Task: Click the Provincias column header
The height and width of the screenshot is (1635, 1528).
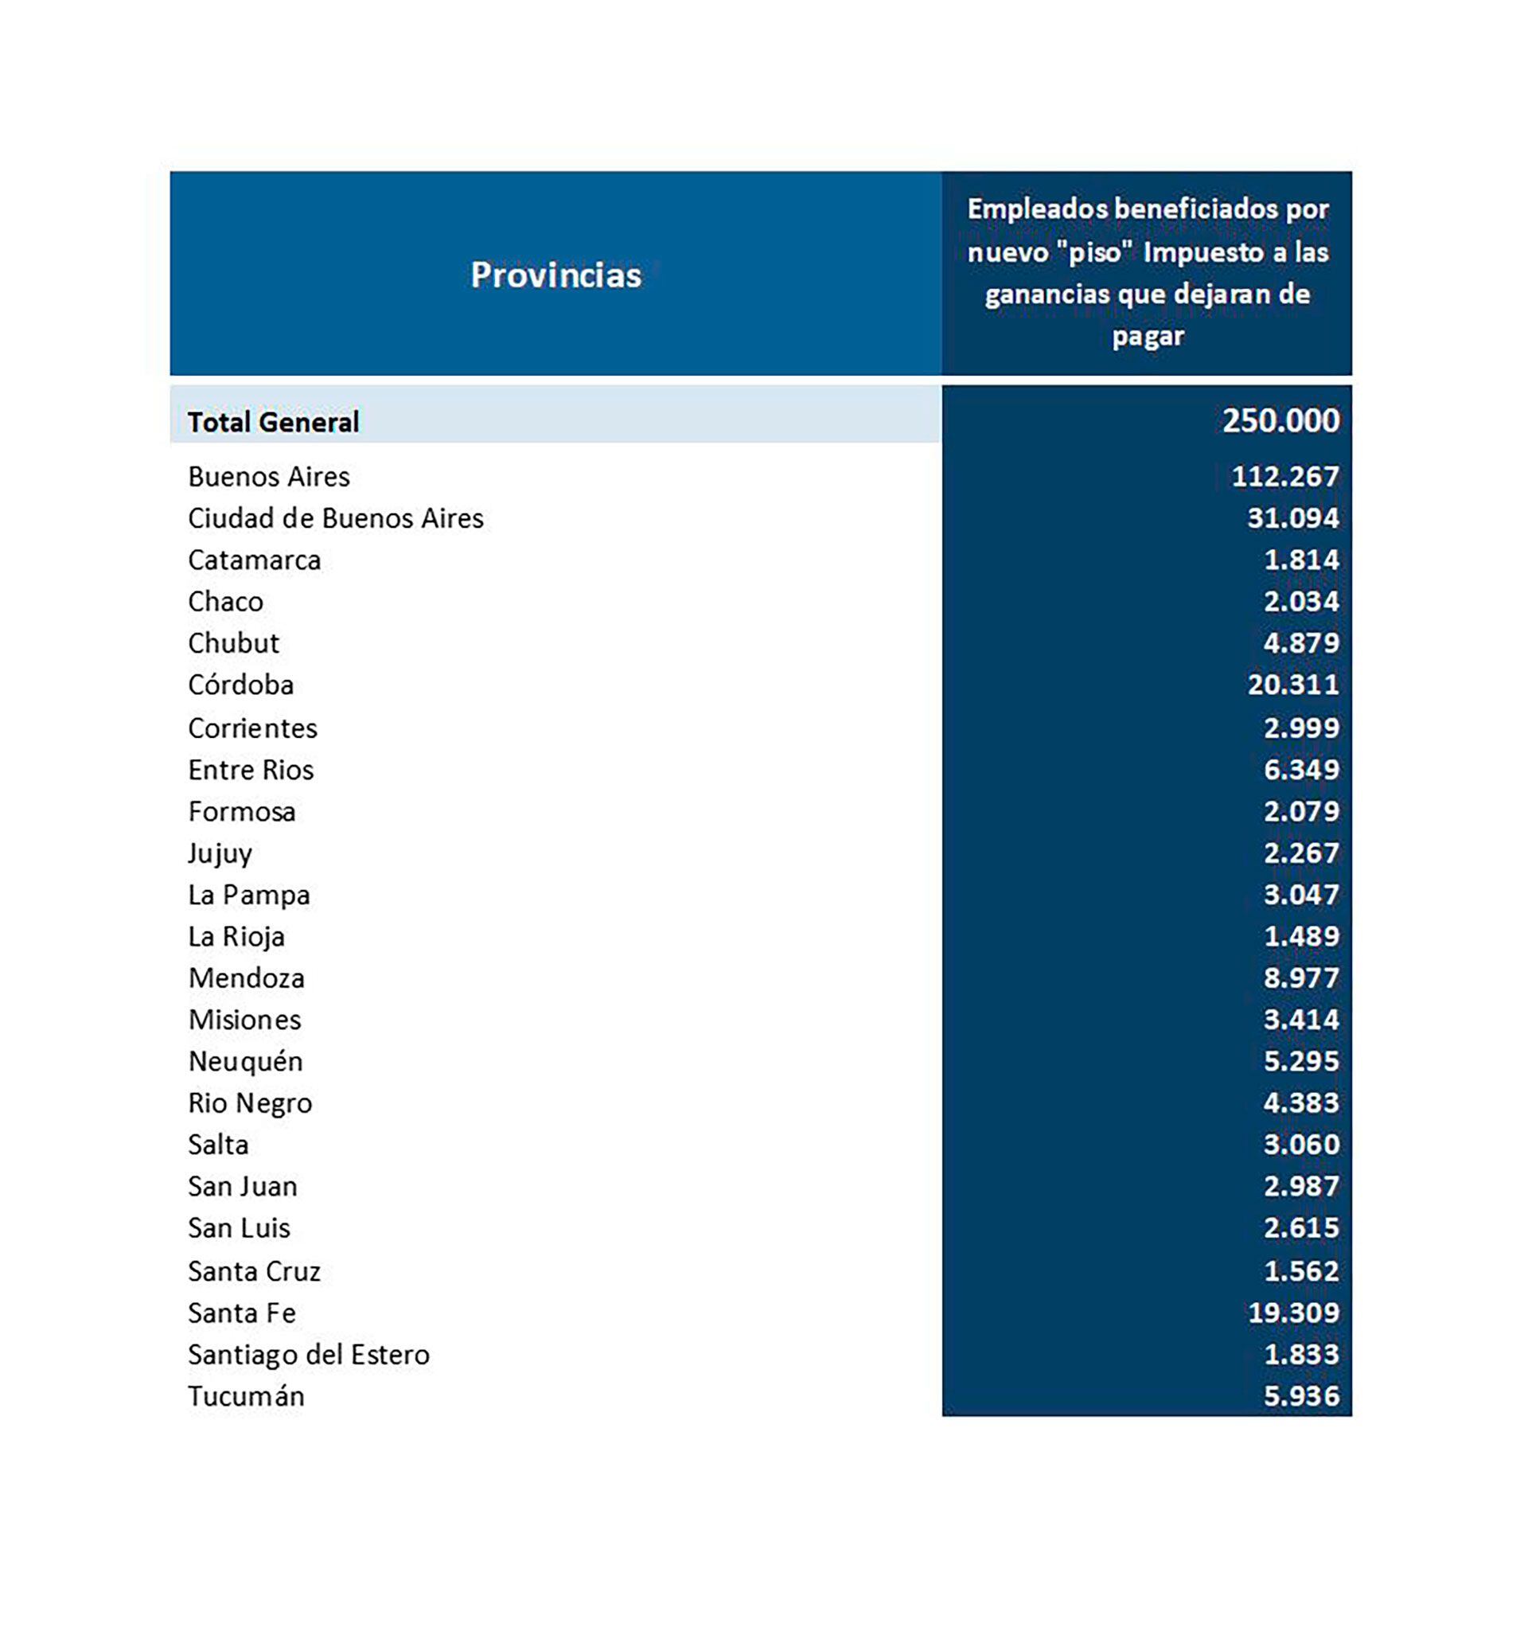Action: point(555,275)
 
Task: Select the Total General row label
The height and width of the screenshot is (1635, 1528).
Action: point(273,422)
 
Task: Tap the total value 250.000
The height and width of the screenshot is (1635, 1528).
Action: point(1280,420)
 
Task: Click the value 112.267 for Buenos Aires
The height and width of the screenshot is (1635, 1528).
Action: point(1284,476)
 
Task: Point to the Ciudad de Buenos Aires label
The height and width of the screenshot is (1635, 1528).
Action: point(336,518)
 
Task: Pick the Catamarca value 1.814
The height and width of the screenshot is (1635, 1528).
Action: point(1301,560)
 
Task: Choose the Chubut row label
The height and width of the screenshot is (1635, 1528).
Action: point(233,643)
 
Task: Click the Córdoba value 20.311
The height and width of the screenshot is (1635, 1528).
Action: point(1292,685)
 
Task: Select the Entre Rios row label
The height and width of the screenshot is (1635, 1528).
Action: point(251,770)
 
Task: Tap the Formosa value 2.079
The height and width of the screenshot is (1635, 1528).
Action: point(1301,811)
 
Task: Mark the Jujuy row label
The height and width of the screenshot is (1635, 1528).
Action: point(220,853)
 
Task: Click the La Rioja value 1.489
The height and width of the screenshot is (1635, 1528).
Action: point(1301,936)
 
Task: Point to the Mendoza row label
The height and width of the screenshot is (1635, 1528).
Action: point(246,977)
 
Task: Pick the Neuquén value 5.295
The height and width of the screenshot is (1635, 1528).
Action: point(1301,1061)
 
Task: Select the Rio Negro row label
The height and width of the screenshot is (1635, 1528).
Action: point(250,1103)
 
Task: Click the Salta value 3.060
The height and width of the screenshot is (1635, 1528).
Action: point(1301,1144)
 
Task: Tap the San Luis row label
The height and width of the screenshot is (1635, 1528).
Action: point(239,1228)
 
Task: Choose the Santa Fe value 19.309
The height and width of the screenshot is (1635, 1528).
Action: point(1292,1313)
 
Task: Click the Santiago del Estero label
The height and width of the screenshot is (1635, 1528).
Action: point(309,1355)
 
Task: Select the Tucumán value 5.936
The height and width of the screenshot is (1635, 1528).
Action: point(1301,1395)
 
